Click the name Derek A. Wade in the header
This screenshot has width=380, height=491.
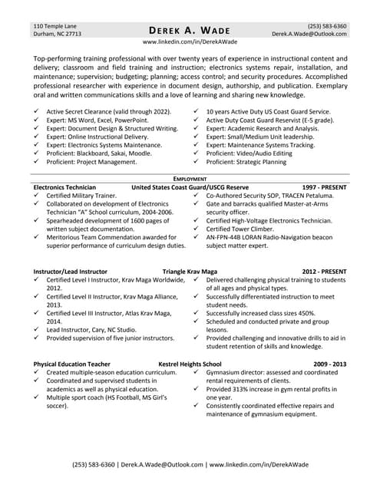[190, 29]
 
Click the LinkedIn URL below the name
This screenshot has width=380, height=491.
[190, 42]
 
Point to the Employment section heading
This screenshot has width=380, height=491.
[190, 178]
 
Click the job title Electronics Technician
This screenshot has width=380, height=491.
[64, 187]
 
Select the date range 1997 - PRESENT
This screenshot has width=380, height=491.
[324, 187]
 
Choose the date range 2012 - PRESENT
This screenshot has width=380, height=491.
[324, 272]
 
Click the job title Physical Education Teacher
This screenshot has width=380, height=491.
[71, 364]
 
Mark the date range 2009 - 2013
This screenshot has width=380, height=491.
[330, 364]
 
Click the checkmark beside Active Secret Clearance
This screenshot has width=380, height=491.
[38, 112]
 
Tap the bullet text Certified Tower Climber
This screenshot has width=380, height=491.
[243, 229]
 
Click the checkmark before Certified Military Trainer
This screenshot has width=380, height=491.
[38, 196]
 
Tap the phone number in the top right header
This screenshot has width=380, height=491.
[326, 25]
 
